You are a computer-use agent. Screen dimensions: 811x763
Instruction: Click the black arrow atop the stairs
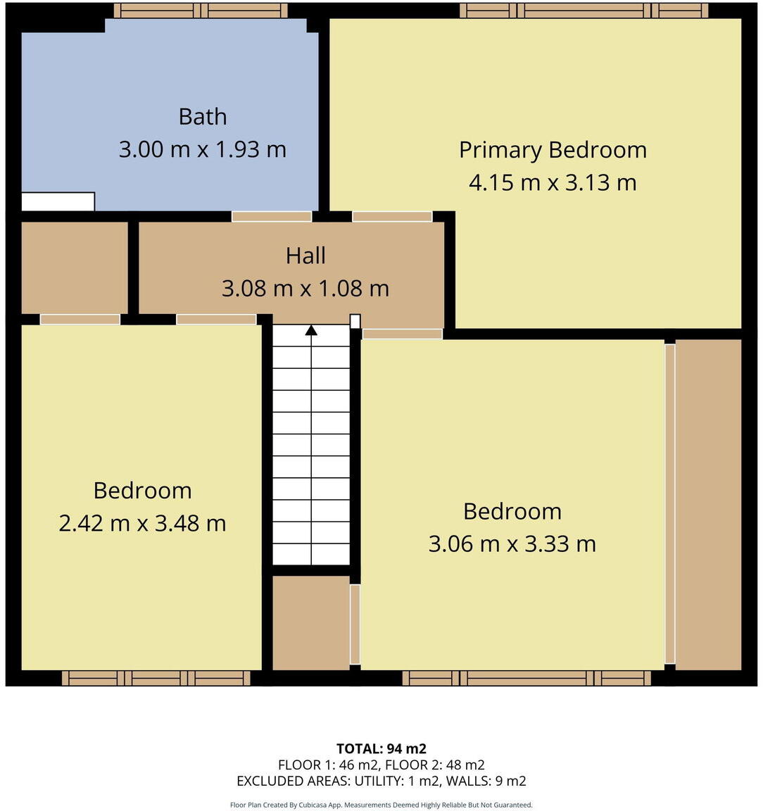point(311,330)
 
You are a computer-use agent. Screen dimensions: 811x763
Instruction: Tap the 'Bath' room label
point(203,116)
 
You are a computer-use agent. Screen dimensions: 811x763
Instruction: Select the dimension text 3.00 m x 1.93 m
point(203,149)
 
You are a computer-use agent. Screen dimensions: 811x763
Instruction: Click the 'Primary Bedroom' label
point(553,150)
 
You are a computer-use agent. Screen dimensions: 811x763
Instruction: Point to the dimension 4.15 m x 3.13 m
point(553,182)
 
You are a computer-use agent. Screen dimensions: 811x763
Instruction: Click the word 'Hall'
point(305,256)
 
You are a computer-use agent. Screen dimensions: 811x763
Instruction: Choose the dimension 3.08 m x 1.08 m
point(305,288)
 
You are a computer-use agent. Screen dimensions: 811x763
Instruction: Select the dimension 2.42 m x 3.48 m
point(142,523)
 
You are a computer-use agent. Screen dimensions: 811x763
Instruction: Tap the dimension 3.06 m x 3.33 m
point(512,543)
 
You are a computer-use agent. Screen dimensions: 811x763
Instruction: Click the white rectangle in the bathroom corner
point(58,201)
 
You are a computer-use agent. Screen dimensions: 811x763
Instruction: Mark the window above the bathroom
point(201,11)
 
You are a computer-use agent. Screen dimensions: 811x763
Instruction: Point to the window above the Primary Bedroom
point(584,11)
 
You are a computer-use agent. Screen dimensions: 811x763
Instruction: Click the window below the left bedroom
point(156,678)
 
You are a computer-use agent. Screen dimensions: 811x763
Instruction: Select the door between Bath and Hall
point(272,216)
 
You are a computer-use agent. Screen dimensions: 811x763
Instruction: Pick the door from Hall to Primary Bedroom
point(392,216)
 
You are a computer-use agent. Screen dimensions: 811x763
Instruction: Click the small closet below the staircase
point(310,622)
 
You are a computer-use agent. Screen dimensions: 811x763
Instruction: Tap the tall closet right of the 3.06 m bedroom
point(708,504)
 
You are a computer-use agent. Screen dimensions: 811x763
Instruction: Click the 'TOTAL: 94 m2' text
point(381,748)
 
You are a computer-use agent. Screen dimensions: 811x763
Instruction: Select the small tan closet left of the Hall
point(75,268)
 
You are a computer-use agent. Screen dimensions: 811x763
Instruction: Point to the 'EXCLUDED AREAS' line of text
point(381,781)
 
